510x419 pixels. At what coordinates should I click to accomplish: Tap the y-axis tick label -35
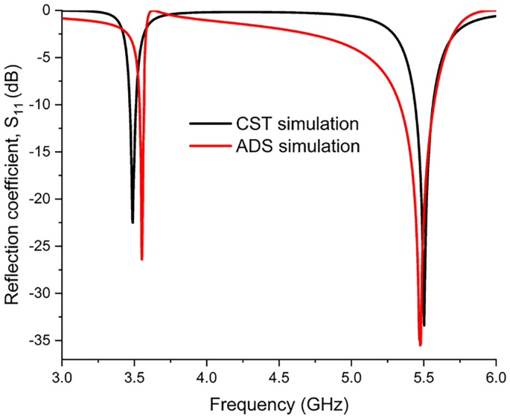pos(42,340)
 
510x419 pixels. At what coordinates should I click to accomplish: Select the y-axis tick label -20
pos(42,199)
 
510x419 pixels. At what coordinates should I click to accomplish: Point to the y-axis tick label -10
pos(42,105)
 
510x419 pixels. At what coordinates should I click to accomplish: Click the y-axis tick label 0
pos(49,10)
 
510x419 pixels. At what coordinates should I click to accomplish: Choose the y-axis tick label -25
pos(42,246)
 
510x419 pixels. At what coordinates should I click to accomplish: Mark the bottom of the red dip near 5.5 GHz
pos(420,345)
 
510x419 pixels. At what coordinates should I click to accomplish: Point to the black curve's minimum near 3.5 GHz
pos(133,222)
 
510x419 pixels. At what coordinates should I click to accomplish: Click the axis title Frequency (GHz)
pos(278,406)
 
